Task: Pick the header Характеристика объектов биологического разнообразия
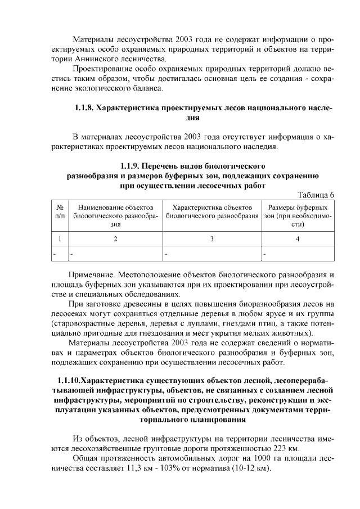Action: point(212,211)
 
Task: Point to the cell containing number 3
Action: point(212,239)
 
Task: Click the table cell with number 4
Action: point(298,239)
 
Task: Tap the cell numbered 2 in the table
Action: point(116,239)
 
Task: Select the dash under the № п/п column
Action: point(55,254)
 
